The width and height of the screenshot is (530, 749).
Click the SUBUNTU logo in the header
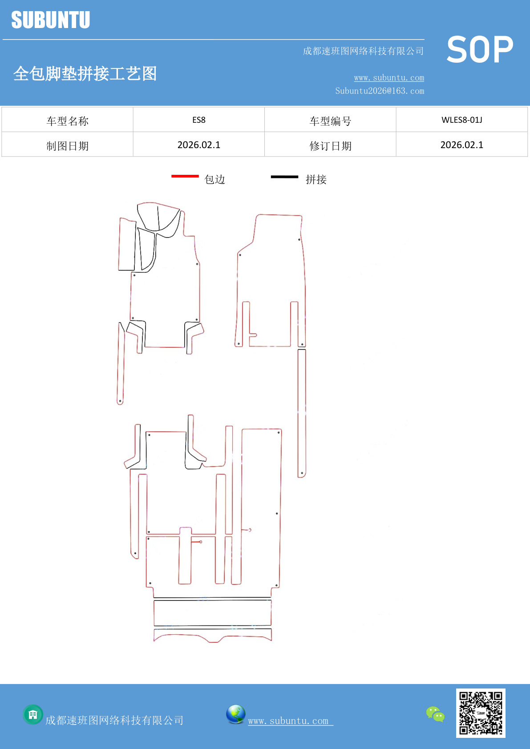pyautogui.click(x=51, y=20)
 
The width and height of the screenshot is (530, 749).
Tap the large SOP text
pyautogui.click(x=480, y=50)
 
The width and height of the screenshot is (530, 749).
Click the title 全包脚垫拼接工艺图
pyautogui.click(x=85, y=74)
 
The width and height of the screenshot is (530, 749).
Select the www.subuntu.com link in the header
pyautogui.click(x=389, y=78)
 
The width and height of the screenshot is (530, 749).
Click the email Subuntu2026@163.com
pyautogui.click(x=380, y=91)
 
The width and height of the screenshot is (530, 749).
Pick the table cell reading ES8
pyautogui.click(x=199, y=120)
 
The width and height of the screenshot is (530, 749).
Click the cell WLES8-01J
pyautogui.click(x=461, y=120)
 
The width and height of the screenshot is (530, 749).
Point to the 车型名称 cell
pyautogui.click(x=68, y=121)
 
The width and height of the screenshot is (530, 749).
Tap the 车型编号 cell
pyautogui.click(x=330, y=121)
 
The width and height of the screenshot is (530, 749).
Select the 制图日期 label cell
pyautogui.click(x=68, y=146)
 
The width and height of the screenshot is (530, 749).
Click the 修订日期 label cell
pyautogui.click(x=330, y=146)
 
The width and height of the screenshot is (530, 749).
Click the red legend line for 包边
pyautogui.click(x=185, y=177)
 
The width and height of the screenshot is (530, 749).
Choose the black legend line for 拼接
pyautogui.click(x=284, y=177)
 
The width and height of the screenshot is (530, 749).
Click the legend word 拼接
pyautogui.click(x=316, y=180)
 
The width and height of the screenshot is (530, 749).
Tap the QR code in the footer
pyautogui.click(x=481, y=713)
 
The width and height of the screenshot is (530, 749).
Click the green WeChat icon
pyautogui.click(x=435, y=714)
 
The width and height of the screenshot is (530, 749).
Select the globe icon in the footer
pyautogui.click(x=235, y=714)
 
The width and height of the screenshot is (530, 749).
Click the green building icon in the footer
pyautogui.click(x=33, y=715)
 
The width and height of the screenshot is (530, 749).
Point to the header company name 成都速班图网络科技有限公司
pyautogui.click(x=363, y=51)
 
